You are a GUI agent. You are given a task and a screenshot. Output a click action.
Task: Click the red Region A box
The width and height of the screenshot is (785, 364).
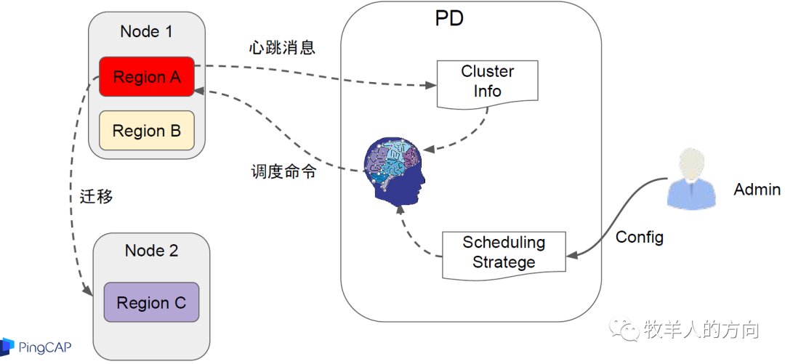coord(147,76)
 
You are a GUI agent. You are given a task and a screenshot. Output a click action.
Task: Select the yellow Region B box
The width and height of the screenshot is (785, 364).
coord(147,131)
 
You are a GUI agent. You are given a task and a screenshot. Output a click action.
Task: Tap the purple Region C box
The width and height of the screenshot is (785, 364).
coord(151,302)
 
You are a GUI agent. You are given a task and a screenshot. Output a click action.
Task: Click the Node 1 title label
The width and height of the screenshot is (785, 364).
coord(147,32)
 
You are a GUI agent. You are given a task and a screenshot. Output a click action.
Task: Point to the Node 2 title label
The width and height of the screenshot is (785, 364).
coord(151,251)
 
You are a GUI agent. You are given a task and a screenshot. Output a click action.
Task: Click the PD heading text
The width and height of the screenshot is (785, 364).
coord(449,19)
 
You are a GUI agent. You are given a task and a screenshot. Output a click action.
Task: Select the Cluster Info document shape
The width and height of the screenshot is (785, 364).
coord(487,81)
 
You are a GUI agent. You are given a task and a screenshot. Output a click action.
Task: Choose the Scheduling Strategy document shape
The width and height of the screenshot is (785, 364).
coord(504,254)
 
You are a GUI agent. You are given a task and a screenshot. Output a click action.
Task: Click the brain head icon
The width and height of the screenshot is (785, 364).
coord(396,171)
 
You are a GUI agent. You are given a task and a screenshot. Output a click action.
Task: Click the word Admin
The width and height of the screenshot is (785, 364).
coord(757,190)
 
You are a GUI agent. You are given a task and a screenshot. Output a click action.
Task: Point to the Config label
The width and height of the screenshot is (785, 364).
coord(639,238)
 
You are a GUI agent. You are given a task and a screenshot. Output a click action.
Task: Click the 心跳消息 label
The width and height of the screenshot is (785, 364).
coord(282,49)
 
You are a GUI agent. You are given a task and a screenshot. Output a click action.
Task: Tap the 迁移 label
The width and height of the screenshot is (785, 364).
coord(97,196)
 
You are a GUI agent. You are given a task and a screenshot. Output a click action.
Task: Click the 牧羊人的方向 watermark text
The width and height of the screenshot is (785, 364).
coord(701,330)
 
